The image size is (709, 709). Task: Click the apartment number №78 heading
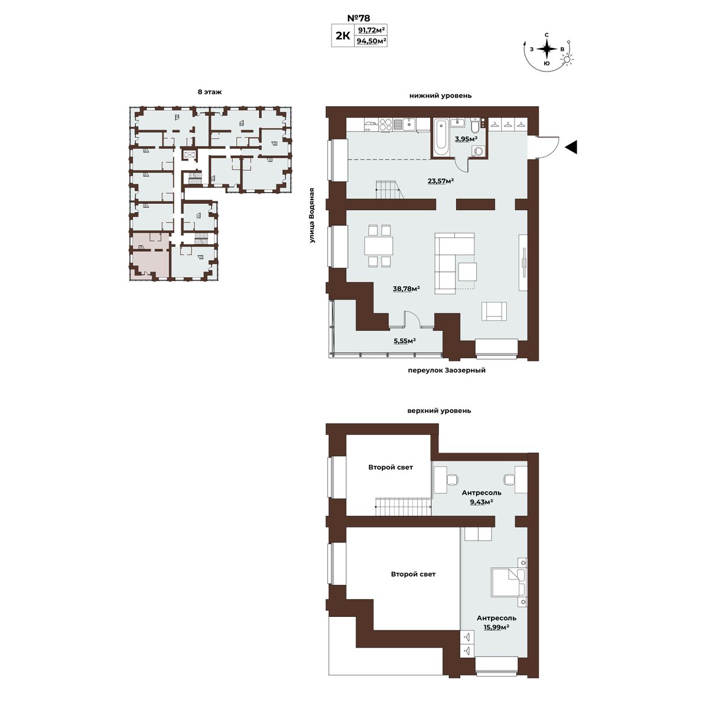(x=359, y=18)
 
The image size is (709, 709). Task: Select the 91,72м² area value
(x=372, y=30)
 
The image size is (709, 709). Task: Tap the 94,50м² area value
(x=372, y=41)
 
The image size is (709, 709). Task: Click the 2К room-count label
(x=343, y=35)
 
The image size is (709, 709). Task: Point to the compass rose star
(x=547, y=49)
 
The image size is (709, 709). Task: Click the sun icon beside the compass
(x=567, y=60)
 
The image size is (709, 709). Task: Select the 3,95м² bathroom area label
(x=466, y=139)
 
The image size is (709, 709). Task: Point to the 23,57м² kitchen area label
(x=440, y=181)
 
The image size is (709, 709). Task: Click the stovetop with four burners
(x=385, y=124)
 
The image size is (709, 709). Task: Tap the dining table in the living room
(x=379, y=245)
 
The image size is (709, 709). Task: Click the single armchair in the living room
(x=494, y=311)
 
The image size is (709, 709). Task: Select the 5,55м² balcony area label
(x=405, y=341)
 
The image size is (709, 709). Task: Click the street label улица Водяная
(x=312, y=216)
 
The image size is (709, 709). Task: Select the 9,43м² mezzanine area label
(x=482, y=502)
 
